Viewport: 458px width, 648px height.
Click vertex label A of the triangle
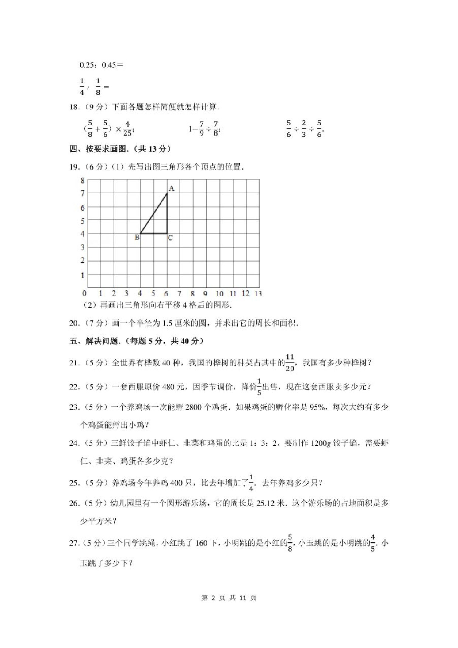(x=171, y=188)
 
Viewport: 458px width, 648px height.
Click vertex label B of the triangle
(x=137, y=238)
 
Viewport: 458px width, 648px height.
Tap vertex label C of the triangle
(x=170, y=238)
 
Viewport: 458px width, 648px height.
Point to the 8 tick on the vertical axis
(x=83, y=181)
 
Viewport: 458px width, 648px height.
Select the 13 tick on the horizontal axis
(x=258, y=293)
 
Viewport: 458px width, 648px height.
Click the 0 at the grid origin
(x=85, y=293)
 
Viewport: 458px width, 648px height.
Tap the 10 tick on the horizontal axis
(x=219, y=293)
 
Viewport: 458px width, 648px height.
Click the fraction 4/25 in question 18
(x=127, y=129)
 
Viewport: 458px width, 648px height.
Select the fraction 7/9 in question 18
(x=201, y=129)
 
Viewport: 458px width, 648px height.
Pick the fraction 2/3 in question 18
(x=304, y=129)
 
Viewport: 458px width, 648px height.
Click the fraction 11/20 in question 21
(x=290, y=363)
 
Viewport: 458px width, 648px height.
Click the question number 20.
(x=74, y=323)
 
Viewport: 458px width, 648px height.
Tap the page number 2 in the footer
(x=213, y=598)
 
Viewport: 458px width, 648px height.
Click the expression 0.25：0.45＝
(x=101, y=65)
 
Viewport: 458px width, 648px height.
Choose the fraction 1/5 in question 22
(x=259, y=387)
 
